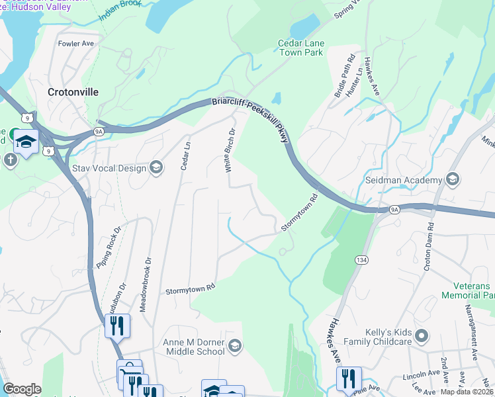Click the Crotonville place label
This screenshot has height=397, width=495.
[x=73, y=93]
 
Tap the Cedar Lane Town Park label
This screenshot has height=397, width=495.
[x=300, y=48]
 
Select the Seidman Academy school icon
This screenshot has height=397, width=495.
[x=453, y=180]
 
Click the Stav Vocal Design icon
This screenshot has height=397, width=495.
[x=156, y=168]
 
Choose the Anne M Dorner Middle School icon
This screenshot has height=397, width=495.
[x=234, y=346]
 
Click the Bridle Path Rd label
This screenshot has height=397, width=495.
[x=343, y=79]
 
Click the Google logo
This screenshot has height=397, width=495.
[x=22, y=389]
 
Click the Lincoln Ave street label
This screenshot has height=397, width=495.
[x=421, y=376]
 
